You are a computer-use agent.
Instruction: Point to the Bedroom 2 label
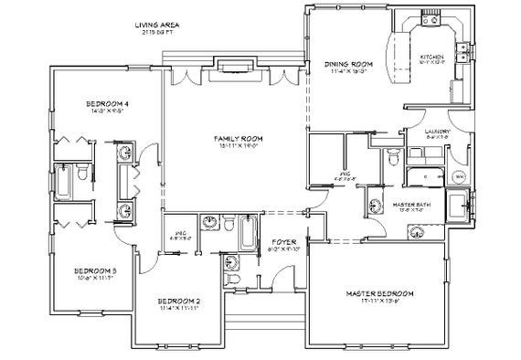[178, 301]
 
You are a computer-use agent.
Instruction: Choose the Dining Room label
[346, 64]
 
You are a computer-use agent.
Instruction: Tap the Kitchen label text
[432, 56]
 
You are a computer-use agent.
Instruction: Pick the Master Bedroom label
[380, 293]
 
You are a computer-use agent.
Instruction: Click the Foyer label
[285, 242]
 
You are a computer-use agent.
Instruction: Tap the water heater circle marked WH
[459, 175]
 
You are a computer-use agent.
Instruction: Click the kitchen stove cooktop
[429, 23]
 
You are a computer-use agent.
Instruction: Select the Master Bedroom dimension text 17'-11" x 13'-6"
[380, 301]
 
